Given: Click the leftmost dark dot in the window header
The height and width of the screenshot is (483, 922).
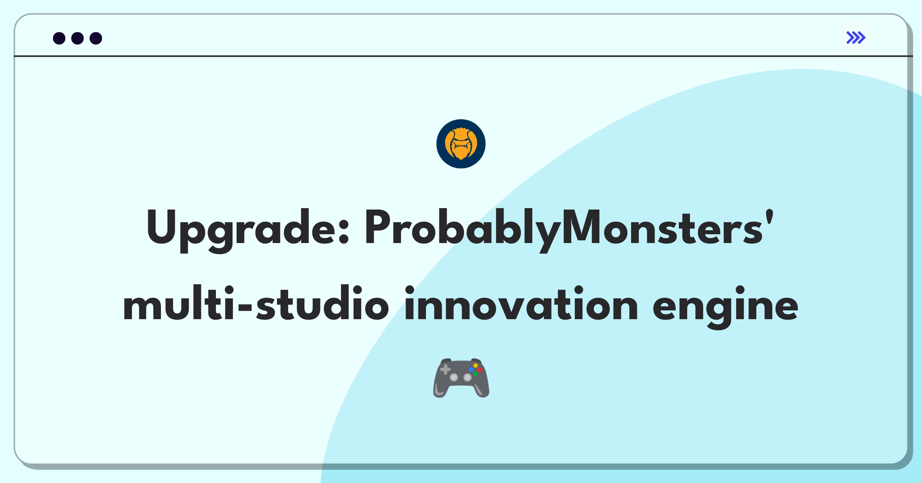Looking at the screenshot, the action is click(59, 38).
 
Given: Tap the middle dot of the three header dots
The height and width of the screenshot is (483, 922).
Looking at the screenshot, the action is click(78, 38).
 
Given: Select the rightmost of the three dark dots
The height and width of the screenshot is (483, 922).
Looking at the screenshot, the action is click(96, 38).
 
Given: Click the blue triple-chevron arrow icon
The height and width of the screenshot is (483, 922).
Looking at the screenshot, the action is click(856, 38).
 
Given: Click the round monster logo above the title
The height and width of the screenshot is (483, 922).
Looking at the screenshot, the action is click(461, 144).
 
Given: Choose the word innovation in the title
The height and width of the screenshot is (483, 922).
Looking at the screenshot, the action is click(521, 304).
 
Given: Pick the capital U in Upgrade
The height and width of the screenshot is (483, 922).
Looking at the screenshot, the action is click(161, 227).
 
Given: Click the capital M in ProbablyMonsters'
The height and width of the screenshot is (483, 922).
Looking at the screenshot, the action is click(582, 227).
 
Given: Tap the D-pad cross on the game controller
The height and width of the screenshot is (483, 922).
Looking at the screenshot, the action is click(446, 370).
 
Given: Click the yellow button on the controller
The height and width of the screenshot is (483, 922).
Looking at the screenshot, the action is click(476, 365).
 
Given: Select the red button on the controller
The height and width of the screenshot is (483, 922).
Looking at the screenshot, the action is click(480, 370).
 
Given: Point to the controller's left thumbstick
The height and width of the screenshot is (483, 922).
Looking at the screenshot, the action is click(454, 377).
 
